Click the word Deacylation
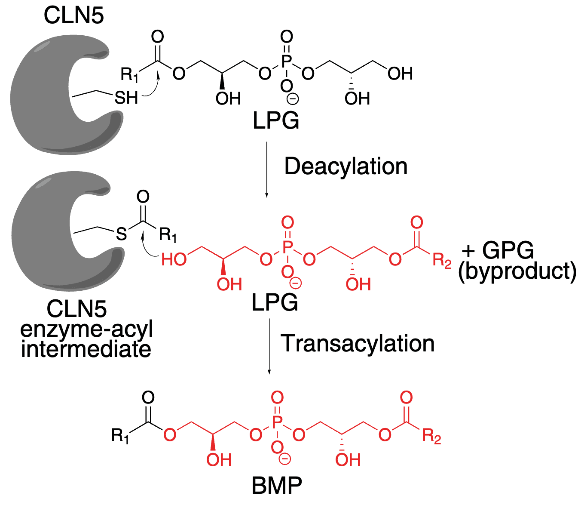pos(346,167)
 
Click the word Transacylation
pos(357,344)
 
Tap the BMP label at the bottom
pos(277,486)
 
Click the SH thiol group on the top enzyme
pos(126,98)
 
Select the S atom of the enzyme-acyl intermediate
pos(122,234)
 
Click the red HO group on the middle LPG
pos(174,259)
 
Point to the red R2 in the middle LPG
pos(441,260)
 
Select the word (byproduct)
pos(517,271)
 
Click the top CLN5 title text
pos(73,16)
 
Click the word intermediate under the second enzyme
pos(86,349)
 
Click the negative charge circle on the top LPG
pos(293,99)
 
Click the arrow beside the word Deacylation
pos(267,169)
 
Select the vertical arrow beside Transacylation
pos(269,346)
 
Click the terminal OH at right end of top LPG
pos(400,74)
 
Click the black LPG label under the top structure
pos(275,121)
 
